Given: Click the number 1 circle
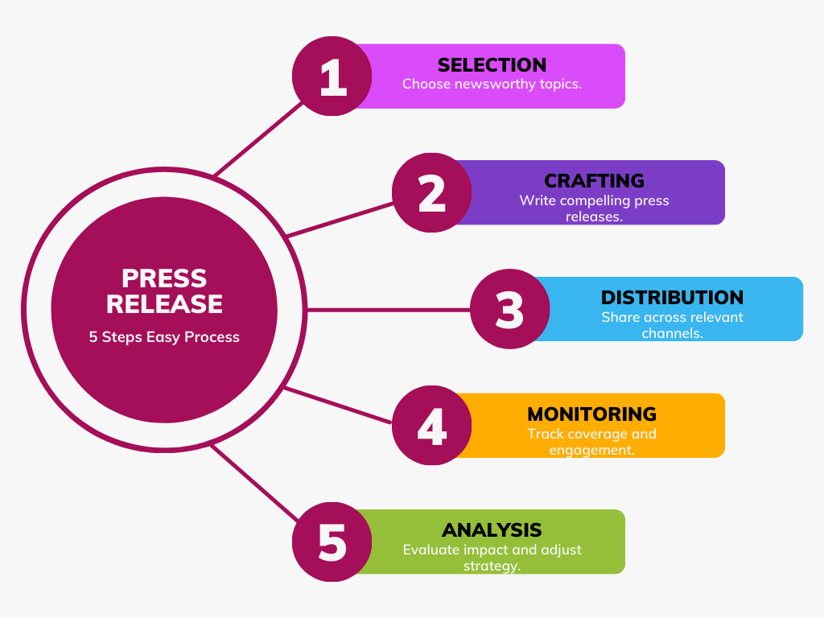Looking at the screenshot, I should pyautogui.click(x=332, y=76).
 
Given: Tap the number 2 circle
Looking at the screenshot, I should pyautogui.click(x=432, y=193).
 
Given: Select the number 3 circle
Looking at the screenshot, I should pyautogui.click(x=509, y=310).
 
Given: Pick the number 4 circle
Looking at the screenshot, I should pyautogui.click(x=432, y=426).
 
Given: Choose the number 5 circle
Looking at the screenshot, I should pyautogui.click(x=332, y=542).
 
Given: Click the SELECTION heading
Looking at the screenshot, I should pyautogui.click(x=492, y=65).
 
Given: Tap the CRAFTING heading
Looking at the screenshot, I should pyautogui.click(x=594, y=181).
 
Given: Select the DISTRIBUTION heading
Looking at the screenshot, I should pyautogui.click(x=672, y=298).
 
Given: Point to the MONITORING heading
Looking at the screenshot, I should pyautogui.click(x=591, y=414).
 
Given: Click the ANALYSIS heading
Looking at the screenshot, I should pyautogui.click(x=492, y=530).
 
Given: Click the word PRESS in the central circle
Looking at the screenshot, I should pyautogui.click(x=164, y=278).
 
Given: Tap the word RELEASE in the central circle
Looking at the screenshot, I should pyautogui.click(x=164, y=304).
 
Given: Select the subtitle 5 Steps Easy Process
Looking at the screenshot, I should pyautogui.click(x=164, y=337).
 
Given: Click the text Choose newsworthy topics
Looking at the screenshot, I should pyautogui.click(x=492, y=84).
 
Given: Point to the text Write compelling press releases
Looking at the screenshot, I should pyautogui.click(x=594, y=208).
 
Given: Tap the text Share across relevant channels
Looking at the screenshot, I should pyautogui.click(x=672, y=324).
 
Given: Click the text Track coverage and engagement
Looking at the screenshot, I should pyautogui.click(x=591, y=442).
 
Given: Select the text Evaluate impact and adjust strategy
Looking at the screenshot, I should pyautogui.click(x=492, y=558).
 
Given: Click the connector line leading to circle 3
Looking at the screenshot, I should pyautogui.click(x=386, y=310).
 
